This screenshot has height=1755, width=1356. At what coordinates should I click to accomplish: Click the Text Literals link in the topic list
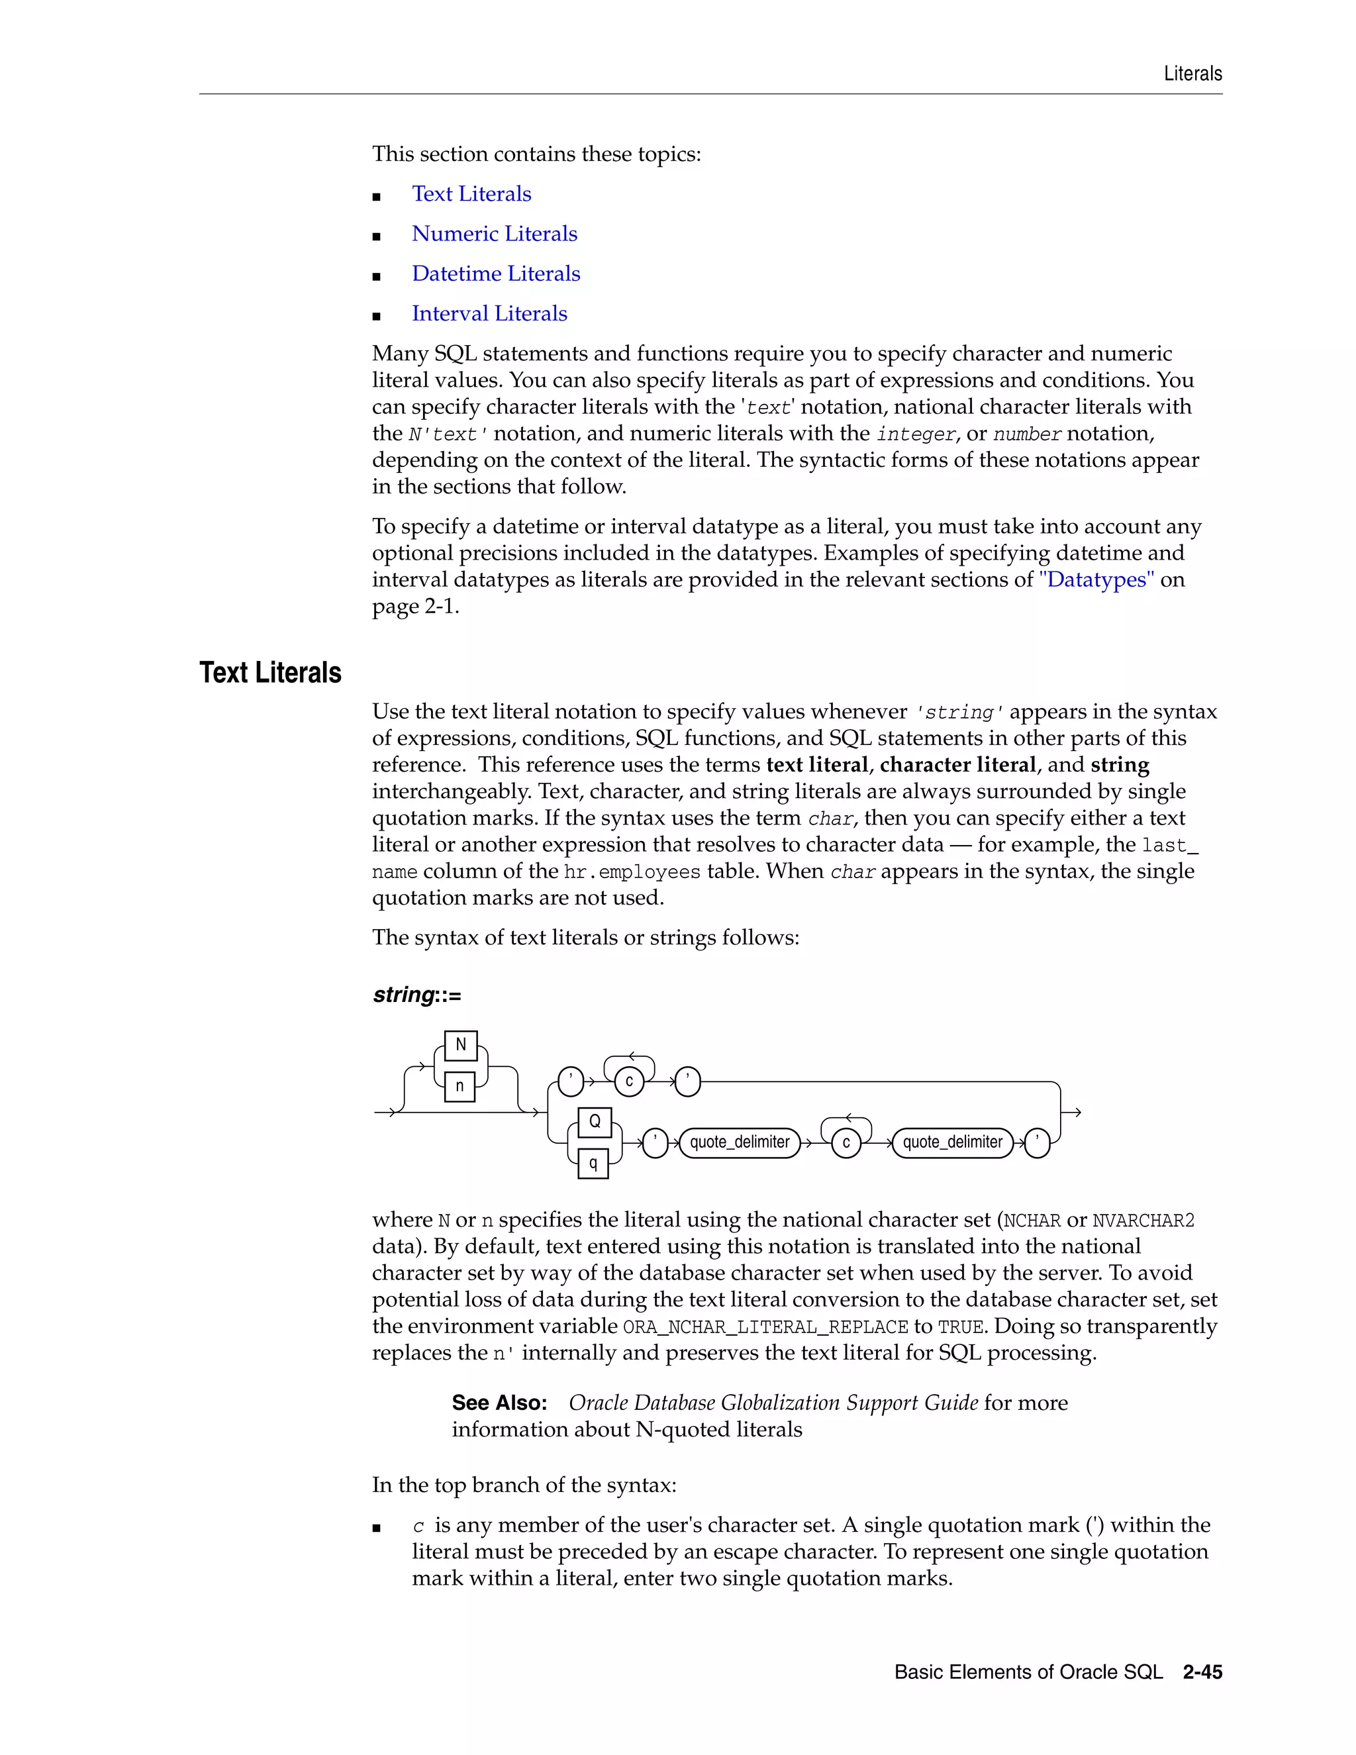point(471,193)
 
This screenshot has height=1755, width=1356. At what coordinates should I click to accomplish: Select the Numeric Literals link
point(494,234)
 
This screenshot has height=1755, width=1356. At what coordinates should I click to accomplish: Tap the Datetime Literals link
point(496,274)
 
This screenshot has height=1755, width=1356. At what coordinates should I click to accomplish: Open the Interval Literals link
point(489,313)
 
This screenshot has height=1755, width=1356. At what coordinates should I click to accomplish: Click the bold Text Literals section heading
point(270,673)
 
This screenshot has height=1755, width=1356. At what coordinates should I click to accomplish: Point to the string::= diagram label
point(417,995)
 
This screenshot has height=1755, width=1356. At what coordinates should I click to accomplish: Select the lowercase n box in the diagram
point(460,1085)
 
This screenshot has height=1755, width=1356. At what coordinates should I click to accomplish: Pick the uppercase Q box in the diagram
point(595,1122)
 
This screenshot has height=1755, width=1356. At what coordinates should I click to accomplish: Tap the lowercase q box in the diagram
point(593,1163)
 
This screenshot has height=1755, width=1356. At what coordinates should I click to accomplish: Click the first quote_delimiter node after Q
point(740,1142)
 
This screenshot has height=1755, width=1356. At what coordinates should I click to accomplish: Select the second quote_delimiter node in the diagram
point(953,1142)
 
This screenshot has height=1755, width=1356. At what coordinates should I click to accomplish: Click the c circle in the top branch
point(629,1081)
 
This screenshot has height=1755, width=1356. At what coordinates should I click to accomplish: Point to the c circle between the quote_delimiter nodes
point(846,1142)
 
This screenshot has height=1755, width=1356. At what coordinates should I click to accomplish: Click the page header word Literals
point(1193,74)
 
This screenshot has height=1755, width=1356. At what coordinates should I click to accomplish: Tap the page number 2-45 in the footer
point(1202,1672)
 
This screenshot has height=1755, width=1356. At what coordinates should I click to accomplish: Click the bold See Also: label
point(499,1403)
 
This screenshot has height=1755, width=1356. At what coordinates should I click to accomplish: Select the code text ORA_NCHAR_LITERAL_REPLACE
point(765,1327)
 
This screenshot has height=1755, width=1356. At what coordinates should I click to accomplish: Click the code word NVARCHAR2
point(1143,1221)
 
